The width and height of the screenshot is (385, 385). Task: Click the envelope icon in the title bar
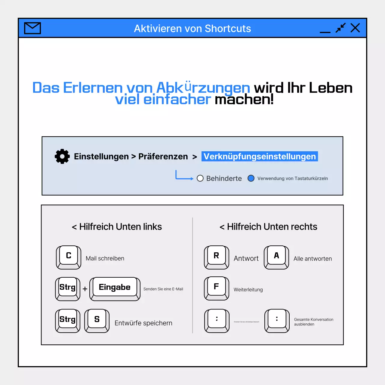point(32,28)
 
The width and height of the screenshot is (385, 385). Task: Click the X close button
point(355,28)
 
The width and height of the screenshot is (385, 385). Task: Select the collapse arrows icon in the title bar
point(340,28)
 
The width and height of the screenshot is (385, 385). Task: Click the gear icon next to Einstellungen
point(62,156)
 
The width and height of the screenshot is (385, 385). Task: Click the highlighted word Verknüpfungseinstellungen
point(260,156)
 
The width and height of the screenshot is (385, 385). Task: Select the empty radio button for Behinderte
point(200,178)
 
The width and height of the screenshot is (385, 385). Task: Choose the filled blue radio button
point(251,178)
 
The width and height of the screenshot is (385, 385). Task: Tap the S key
point(97,320)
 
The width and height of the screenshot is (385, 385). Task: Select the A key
point(276,257)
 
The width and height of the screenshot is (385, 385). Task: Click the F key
point(216,288)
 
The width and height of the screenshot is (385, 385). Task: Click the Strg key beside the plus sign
point(68,288)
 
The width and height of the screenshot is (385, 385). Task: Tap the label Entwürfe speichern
point(143,323)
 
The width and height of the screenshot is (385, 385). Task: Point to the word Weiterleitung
point(248,290)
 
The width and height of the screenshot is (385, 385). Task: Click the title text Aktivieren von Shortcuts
point(192,29)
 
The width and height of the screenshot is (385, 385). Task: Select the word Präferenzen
point(163,156)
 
